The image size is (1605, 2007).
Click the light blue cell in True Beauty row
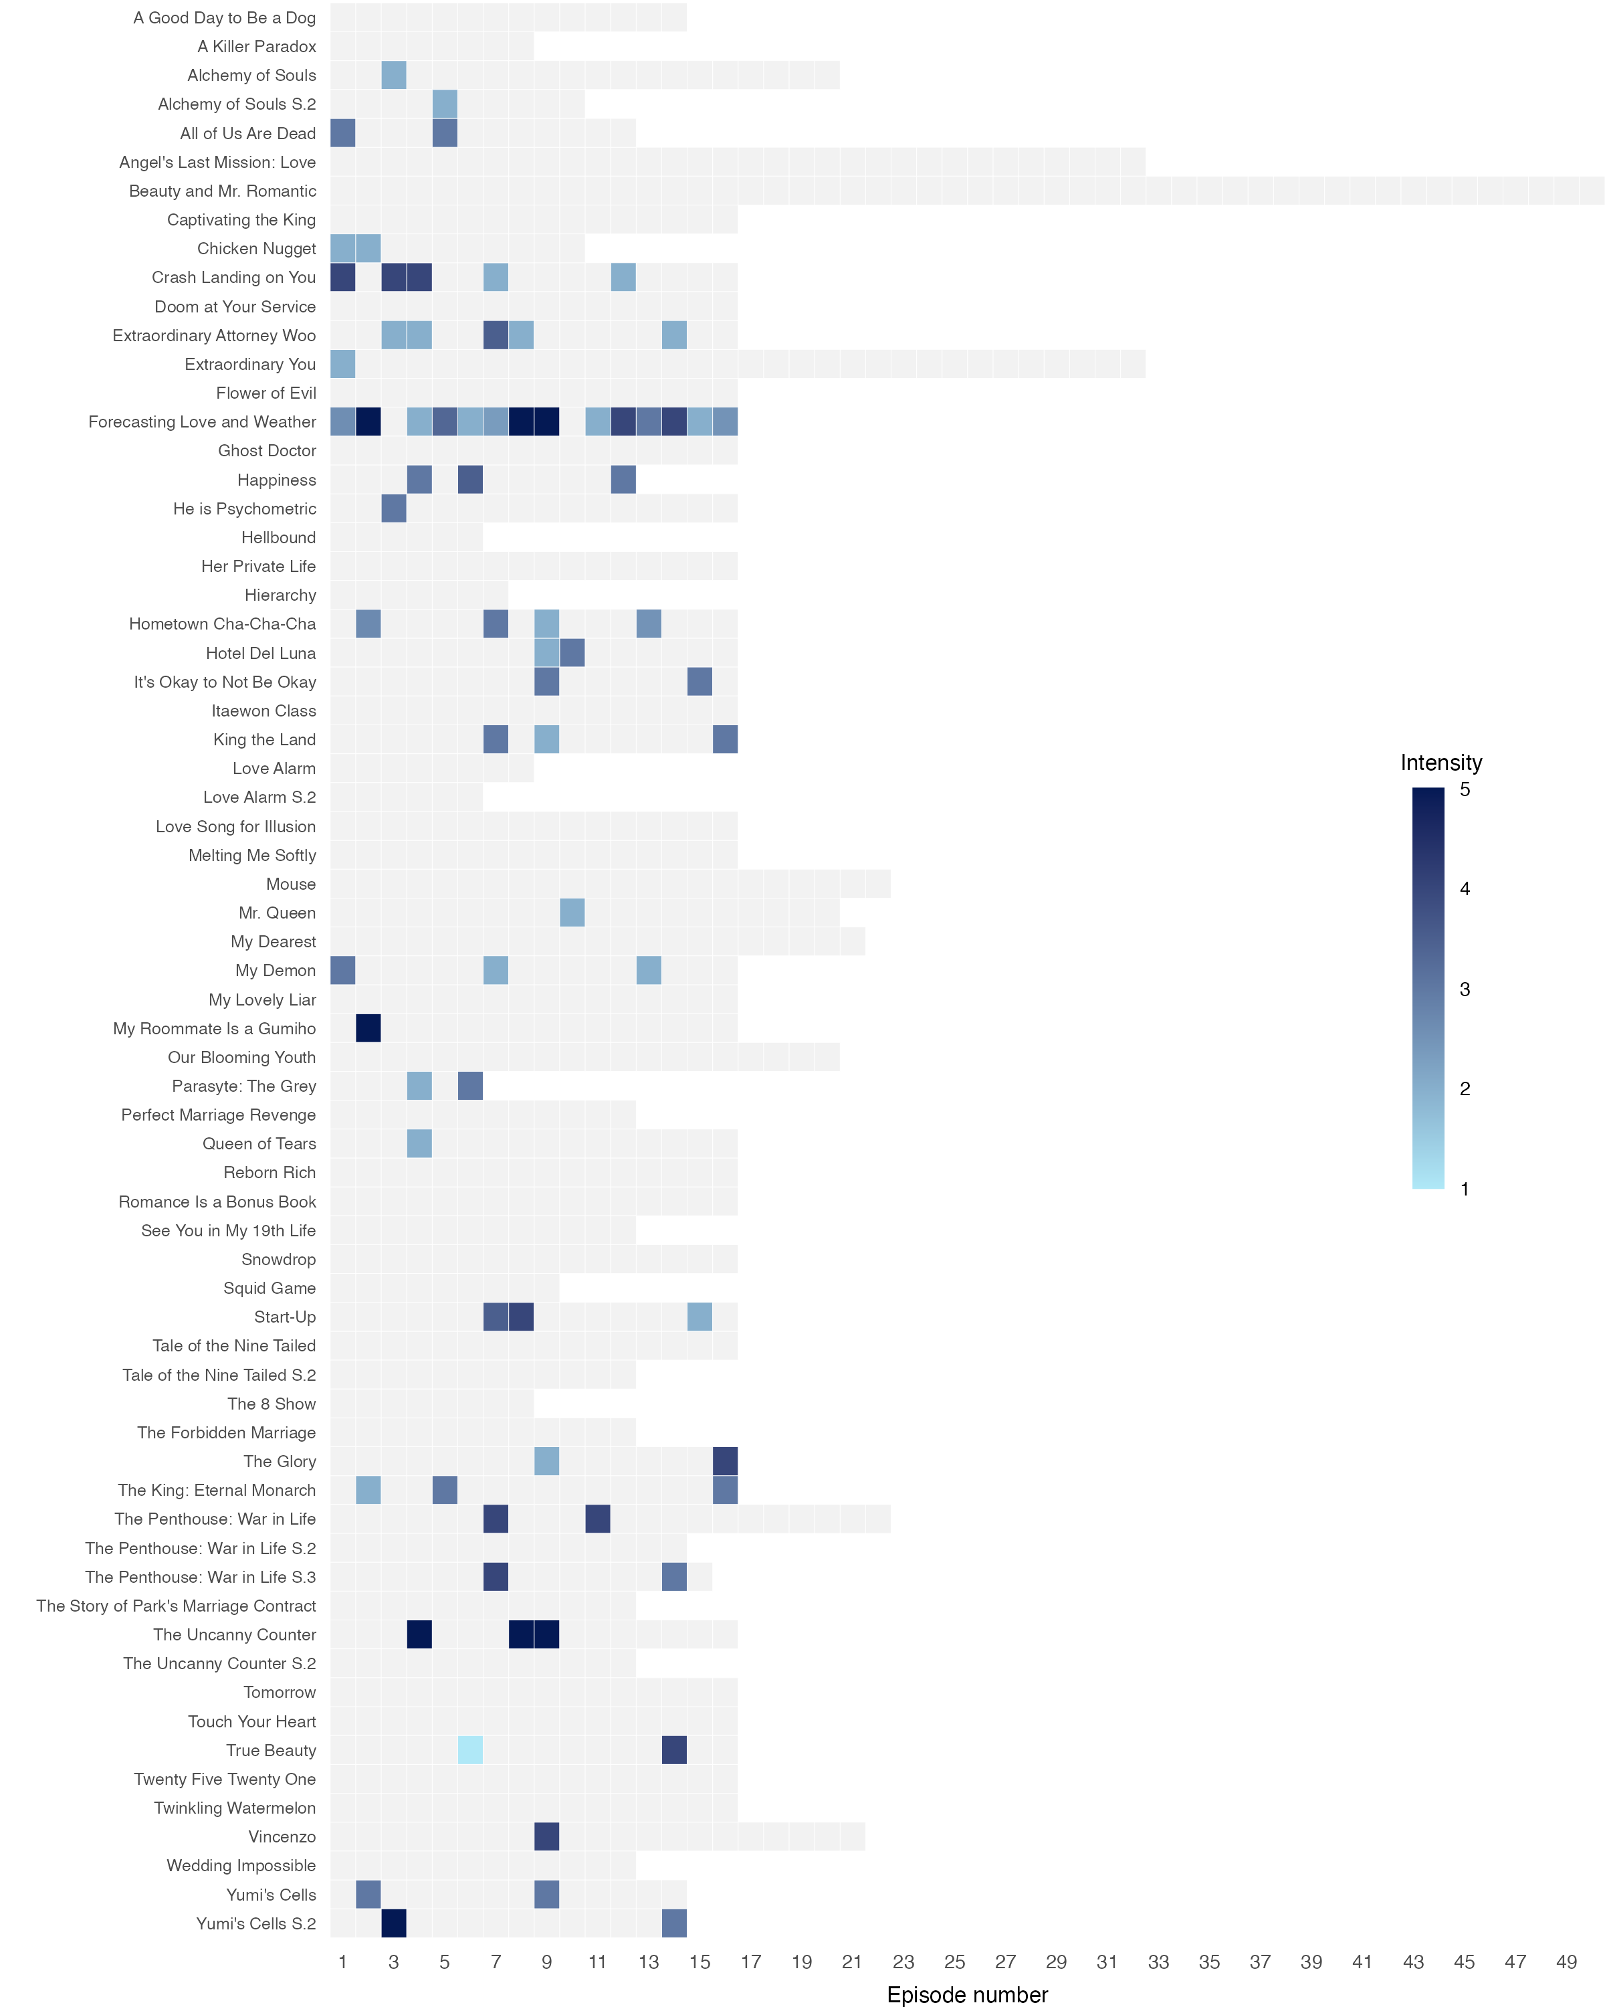(470, 1750)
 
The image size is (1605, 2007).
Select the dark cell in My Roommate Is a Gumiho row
(368, 1029)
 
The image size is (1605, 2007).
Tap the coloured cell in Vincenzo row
(547, 1836)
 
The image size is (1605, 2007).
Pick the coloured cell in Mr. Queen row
(572, 913)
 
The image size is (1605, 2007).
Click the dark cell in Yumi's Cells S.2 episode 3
(394, 1923)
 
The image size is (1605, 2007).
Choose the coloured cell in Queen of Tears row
(419, 1144)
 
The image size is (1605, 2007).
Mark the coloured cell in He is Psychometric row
(394, 509)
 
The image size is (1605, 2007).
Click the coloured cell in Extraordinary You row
(342, 364)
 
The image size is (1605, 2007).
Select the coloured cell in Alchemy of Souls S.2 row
(445, 104)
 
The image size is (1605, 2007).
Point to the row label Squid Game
(269, 1288)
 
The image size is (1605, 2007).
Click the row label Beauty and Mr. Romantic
(223, 191)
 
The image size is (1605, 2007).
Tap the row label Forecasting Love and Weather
(202, 421)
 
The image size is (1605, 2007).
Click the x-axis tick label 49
(1566, 1962)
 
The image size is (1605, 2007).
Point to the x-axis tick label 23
(903, 1962)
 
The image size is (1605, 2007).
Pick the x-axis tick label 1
(342, 1962)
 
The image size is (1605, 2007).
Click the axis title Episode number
(967, 1995)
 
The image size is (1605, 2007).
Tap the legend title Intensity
(1440, 763)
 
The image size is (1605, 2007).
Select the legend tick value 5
(1465, 789)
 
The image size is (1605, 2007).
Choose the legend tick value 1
(1465, 1189)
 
